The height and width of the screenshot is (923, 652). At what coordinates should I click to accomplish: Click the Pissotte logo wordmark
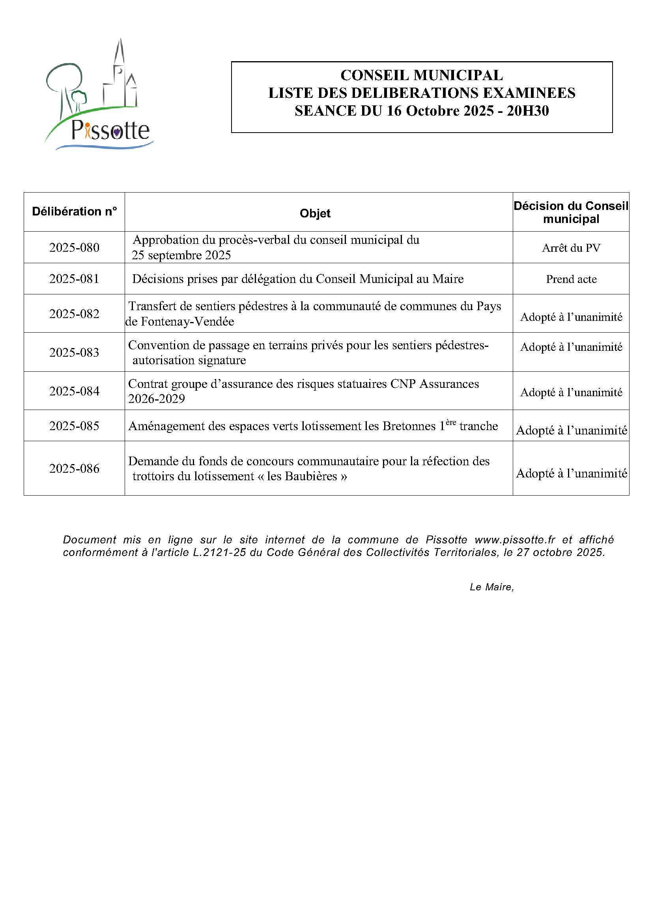(110, 130)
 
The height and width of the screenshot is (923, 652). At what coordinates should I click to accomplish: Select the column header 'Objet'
(315, 213)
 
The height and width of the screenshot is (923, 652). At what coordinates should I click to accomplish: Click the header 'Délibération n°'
(74, 212)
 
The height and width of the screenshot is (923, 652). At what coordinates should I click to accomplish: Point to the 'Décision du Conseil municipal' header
(571, 212)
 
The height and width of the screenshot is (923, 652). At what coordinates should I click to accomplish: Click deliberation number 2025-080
(74, 247)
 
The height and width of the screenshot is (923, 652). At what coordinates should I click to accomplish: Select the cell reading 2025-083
(74, 352)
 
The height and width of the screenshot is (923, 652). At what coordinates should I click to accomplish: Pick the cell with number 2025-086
(74, 468)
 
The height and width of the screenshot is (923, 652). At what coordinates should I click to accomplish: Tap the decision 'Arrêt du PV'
(571, 248)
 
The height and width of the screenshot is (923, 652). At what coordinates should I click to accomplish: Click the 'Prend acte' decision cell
(571, 279)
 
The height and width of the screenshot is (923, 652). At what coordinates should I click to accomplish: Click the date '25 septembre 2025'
(181, 255)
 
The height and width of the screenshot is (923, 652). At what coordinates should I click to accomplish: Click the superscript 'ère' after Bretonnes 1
(451, 422)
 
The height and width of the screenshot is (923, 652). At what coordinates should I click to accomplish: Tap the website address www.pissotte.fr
(515, 539)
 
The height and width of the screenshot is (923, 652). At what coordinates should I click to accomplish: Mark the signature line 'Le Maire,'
(492, 587)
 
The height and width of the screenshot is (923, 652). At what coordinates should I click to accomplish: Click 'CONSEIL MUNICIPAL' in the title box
(421, 75)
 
